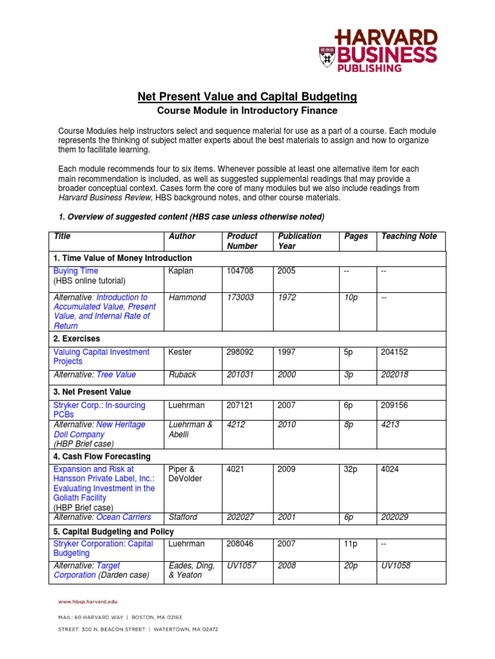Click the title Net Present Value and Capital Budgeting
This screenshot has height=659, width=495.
247,97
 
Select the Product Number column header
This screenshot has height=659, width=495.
242,241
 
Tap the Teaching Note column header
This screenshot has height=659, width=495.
409,236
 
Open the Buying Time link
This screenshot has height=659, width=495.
76,271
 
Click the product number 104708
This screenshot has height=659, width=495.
240,271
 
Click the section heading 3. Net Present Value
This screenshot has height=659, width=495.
92,391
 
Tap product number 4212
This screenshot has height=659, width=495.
236,425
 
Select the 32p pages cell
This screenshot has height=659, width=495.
352,469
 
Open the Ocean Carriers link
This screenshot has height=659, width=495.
123,517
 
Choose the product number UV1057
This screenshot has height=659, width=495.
241,566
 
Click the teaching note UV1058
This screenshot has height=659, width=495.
396,566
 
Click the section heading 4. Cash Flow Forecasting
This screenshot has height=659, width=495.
101,456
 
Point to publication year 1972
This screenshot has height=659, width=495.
287,297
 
